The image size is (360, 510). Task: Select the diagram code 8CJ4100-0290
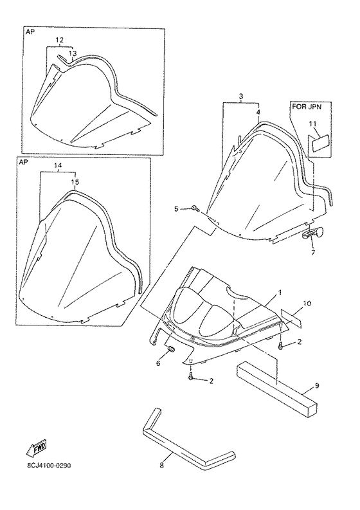tap(49, 466)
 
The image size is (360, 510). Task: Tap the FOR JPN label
tap(307, 107)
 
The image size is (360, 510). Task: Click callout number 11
tap(312, 123)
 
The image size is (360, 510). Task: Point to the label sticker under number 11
tap(320, 143)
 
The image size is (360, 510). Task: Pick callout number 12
tap(59, 40)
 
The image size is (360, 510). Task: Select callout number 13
tap(73, 53)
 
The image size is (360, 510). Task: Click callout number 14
tap(58, 165)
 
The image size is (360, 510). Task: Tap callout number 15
tap(75, 183)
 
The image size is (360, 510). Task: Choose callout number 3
tap(240, 96)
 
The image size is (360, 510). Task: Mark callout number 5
tap(176, 208)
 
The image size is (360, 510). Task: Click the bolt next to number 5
tap(195, 208)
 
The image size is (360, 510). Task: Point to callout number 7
tap(313, 252)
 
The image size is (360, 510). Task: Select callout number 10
tap(307, 303)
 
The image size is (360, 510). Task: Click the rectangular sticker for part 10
tap(291, 318)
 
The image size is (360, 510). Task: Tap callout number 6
tap(158, 363)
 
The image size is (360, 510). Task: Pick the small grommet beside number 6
tap(170, 350)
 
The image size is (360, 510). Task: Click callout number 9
tap(317, 385)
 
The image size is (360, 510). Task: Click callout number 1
tap(280, 293)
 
